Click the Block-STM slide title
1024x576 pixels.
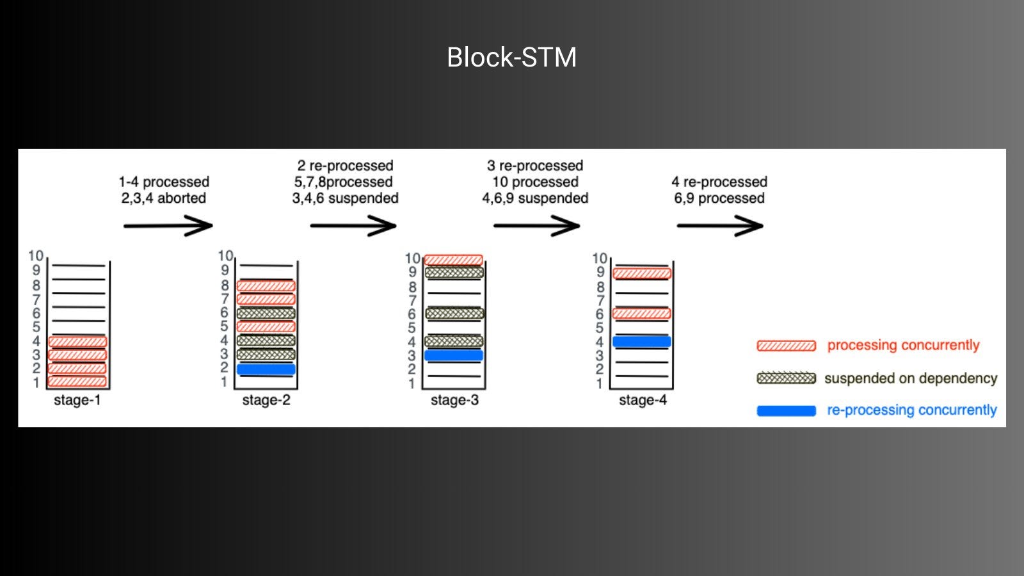click(x=511, y=58)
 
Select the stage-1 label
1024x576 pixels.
click(x=77, y=401)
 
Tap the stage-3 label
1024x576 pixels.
click(x=454, y=401)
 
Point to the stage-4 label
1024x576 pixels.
click(x=643, y=401)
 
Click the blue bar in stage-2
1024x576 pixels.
click(x=266, y=369)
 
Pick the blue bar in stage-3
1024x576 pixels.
click(x=454, y=355)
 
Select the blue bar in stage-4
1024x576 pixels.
click(x=642, y=342)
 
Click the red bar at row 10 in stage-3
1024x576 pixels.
click(x=454, y=260)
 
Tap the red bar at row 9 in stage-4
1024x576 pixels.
click(x=642, y=274)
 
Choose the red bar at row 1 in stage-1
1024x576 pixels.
click(x=77, y=382)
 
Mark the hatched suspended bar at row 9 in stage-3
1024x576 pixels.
click(x=454, y=273)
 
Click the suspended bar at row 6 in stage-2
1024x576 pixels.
click(x=266, y=314)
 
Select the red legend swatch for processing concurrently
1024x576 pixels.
click(x=786, y=346)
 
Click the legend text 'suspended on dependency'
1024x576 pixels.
click(x=911, y=378)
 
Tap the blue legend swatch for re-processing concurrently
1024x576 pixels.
click(x=786, y=411)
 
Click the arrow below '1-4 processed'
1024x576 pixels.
click(x=168, y=225)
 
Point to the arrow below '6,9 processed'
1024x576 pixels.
click(x=720, y=225)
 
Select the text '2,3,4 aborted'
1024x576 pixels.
click(x=164, y=198)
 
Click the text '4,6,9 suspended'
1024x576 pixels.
click(x=535, y=198)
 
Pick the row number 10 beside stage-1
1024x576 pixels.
click(x=35, y=256)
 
